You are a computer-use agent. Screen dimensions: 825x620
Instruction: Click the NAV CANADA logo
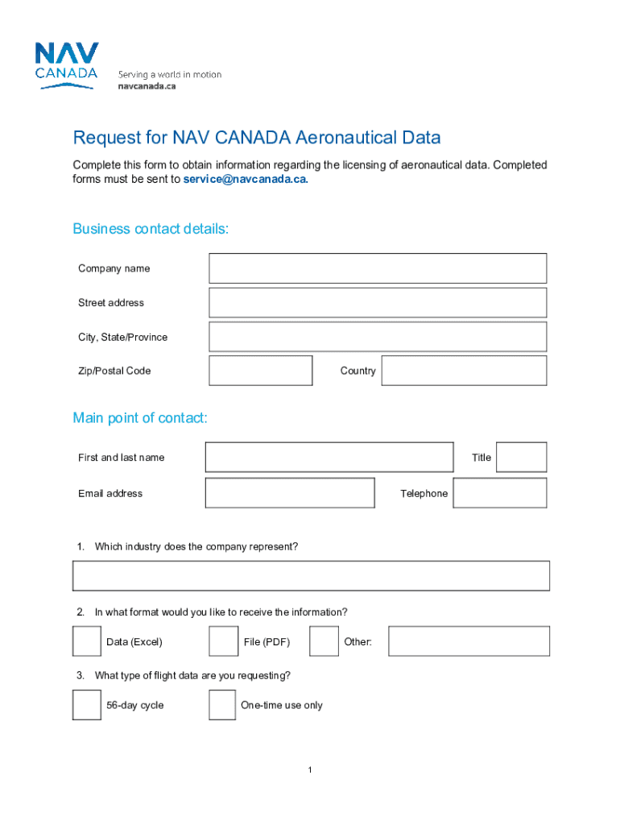(67, 65)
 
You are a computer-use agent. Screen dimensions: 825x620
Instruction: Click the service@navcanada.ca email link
(245, 180)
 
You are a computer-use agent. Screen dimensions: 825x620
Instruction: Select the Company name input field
(377, 268)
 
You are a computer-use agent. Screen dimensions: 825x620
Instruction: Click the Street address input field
(377, 303)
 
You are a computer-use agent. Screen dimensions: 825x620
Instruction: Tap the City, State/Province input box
(377, 337)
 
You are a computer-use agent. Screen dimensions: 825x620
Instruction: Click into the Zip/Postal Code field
(260, 371)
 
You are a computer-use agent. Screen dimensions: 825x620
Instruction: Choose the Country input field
(464, 371)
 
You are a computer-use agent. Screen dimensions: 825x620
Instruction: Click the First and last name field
(329, 457)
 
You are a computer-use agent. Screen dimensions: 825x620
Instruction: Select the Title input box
(521, 457)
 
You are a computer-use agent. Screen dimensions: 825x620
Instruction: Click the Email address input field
(290, 493)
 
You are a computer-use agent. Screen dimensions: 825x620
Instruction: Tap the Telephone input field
(499, 493)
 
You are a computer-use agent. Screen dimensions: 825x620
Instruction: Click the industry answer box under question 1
(311, 576)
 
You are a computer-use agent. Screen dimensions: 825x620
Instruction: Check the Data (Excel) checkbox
(87, 641)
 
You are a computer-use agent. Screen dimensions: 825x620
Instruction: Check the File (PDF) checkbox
(223, 641)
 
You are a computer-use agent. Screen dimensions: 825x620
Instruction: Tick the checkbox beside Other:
(324, 641)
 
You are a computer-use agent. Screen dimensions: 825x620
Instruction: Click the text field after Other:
(469, 641)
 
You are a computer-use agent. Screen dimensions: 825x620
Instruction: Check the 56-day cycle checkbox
(87, 705)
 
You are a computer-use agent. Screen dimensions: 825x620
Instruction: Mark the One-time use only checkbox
(223, 705)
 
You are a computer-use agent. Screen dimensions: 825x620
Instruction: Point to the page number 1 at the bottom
(309, 771)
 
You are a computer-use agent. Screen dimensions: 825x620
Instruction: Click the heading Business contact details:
(151, 229)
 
